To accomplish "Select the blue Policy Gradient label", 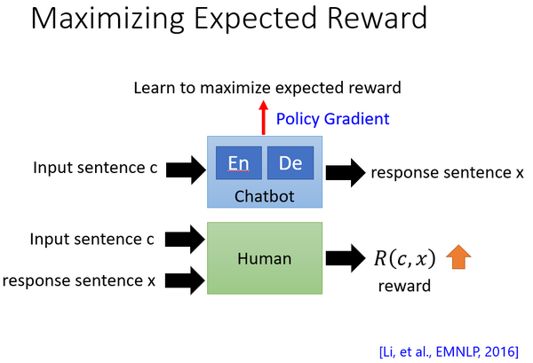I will point(332,118).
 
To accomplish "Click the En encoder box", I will point(238,163).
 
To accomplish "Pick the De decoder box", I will point(290,163).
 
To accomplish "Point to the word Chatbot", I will point(264,194).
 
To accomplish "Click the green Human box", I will point(264,258).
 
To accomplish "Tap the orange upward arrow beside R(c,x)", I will point(457,258).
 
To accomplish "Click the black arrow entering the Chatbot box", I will point(185,167).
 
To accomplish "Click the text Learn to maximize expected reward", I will point(267,87).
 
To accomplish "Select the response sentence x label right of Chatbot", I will point(448,171).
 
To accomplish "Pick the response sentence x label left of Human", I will point(78,280).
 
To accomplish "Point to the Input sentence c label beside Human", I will point(92,239).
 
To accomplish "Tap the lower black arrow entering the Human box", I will point(185,280).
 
